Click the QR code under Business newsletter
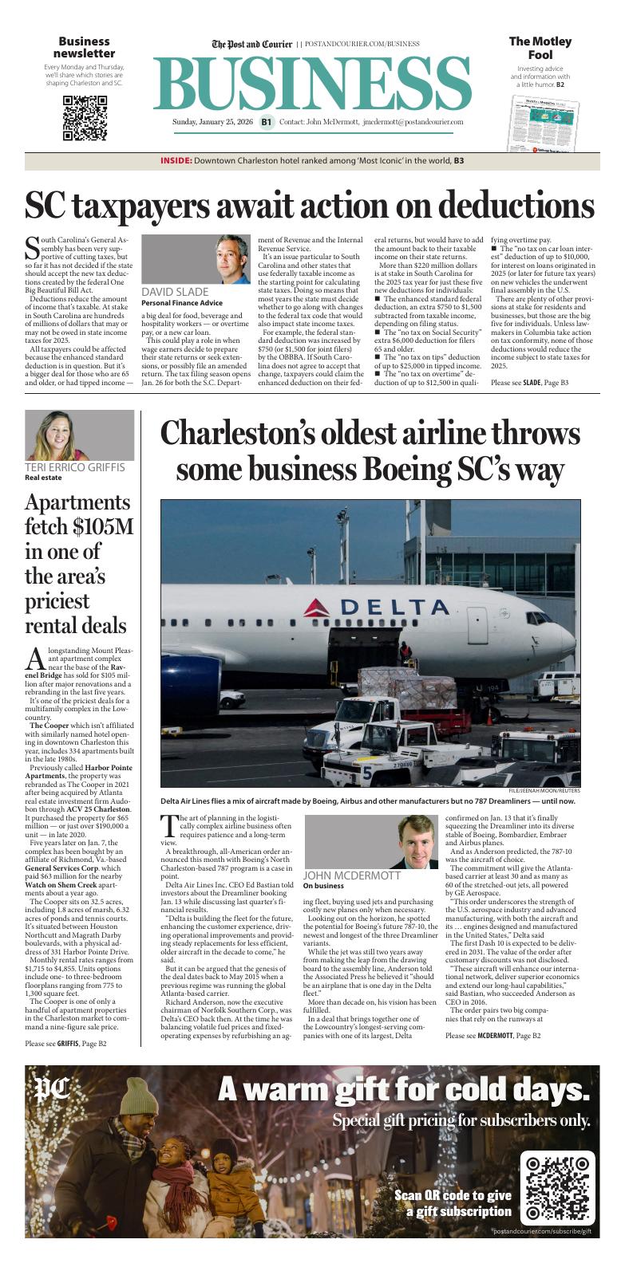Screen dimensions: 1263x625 click(85, 118)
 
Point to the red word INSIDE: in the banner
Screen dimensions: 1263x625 click(176, 161)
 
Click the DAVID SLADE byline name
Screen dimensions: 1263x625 click(175, 292)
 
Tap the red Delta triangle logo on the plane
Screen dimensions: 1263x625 click(318, 608)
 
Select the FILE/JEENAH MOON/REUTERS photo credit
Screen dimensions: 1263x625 click(544, 791)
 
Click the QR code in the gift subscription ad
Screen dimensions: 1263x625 click(556, 1188)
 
